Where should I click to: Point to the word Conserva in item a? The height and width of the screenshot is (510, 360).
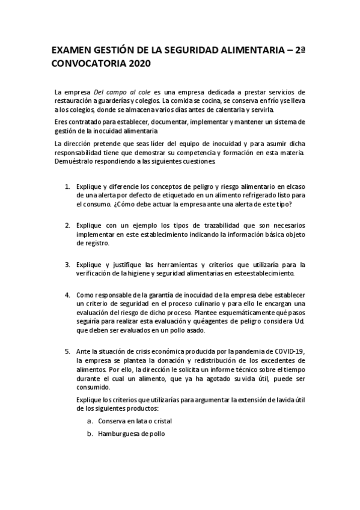(x=112, y=421)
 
